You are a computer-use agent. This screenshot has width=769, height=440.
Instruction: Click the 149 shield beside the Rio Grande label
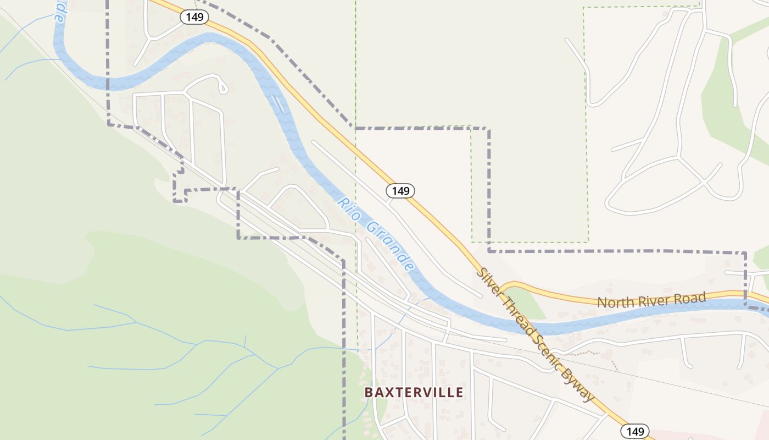coord(400,191)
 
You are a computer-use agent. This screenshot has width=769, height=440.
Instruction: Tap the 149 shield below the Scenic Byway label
coord(635,431)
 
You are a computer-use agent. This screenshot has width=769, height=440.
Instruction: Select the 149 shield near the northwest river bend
coord(194,17)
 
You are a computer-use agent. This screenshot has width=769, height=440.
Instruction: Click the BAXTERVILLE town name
coord(414,392)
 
